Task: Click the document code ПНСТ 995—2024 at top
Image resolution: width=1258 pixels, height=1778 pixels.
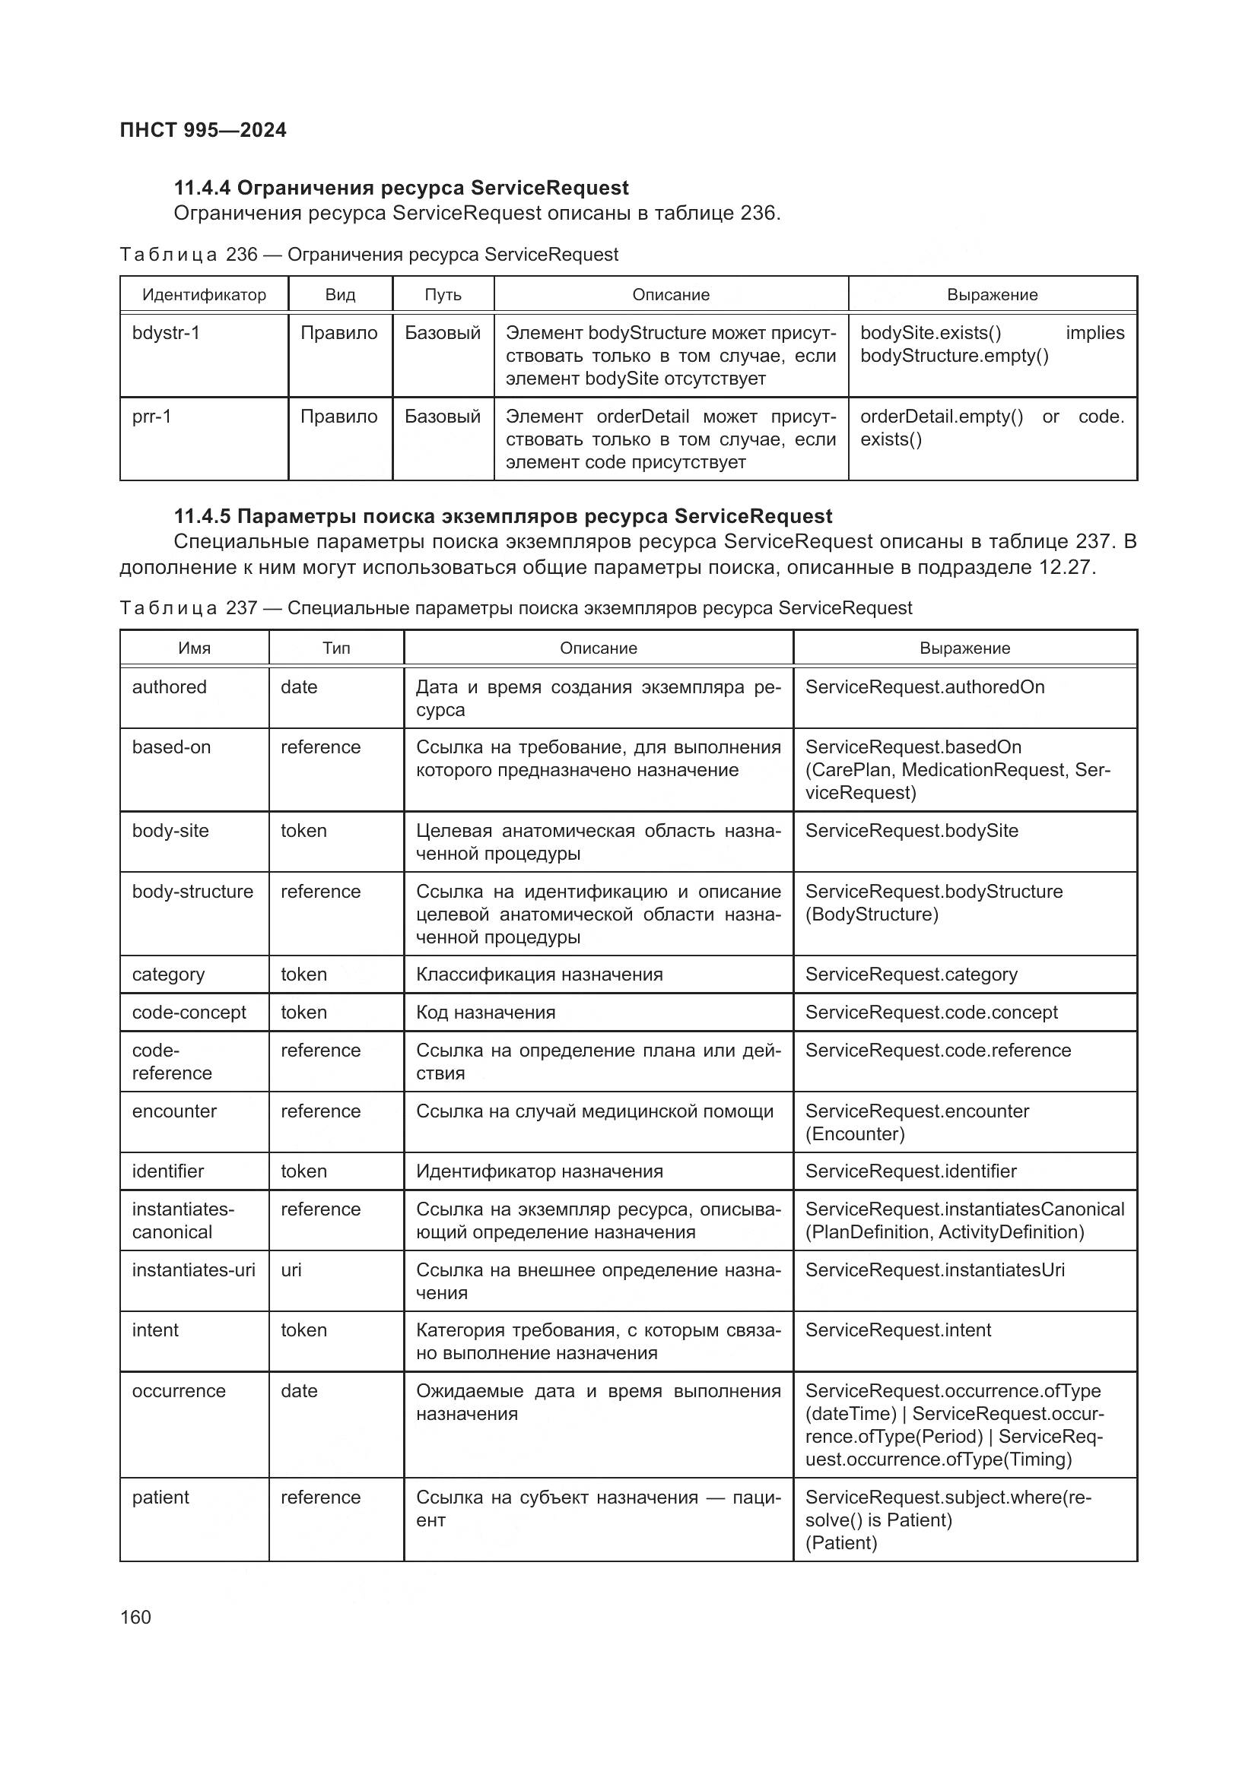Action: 203,130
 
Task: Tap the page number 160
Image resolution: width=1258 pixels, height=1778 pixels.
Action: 135,1617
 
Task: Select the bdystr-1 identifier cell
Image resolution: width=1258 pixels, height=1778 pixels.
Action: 166,333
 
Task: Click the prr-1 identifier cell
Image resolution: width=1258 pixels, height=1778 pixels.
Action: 152,417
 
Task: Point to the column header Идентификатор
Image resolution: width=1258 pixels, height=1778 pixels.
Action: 204,295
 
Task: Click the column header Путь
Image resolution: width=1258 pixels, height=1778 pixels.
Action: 443,295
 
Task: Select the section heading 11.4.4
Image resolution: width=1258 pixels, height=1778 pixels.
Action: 401,188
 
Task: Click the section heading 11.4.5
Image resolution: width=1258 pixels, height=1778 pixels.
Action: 503,515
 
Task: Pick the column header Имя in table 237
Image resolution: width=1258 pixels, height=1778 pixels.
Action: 195,648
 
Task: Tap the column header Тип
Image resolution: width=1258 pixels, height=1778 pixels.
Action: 336,648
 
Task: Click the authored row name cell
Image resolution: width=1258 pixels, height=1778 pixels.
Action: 170,687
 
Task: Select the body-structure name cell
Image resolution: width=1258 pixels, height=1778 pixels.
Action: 192,892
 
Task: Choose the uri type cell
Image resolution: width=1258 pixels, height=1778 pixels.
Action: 291,1270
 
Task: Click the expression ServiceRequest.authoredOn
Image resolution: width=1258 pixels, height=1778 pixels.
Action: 924,687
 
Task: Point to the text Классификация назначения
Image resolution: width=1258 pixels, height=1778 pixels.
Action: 539,975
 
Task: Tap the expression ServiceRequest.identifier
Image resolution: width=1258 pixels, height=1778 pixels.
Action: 910,1171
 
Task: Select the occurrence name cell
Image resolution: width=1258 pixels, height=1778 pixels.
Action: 179,1391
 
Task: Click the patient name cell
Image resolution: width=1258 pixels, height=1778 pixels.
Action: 160,1497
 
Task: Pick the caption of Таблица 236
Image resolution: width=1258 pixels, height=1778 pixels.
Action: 369,255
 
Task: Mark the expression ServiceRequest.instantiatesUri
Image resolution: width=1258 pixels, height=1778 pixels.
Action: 934,1270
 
